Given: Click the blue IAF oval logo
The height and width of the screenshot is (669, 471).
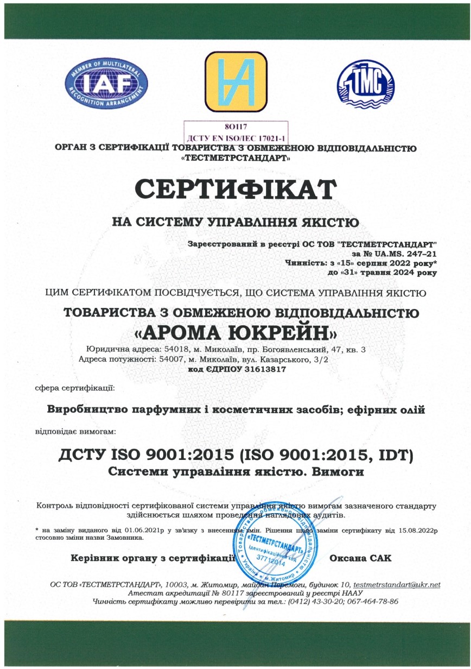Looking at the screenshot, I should [x=106, y=83].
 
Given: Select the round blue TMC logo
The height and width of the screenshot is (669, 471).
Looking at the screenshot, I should [x=365, y=83].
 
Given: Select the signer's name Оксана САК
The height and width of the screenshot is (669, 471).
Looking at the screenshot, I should [x=361, y=558].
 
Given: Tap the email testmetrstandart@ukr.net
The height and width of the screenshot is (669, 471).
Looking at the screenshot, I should [x=397, y=585].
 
